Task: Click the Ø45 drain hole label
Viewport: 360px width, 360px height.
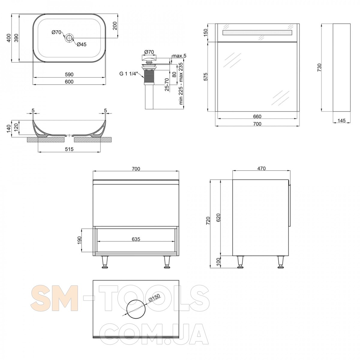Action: point(82,44)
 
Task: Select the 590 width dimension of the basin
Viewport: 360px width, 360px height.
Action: point(69,74)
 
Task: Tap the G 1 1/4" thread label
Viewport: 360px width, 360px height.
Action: point(129,74)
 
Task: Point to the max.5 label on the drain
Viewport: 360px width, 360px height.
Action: point(179,56)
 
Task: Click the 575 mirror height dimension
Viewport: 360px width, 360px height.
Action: point(205,77)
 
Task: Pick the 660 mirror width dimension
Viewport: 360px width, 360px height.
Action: point(257,116)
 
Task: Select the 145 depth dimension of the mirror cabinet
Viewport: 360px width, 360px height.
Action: point(341,121)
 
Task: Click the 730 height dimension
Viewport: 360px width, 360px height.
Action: point(319,67)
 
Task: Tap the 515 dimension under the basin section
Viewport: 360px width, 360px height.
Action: point(69,149)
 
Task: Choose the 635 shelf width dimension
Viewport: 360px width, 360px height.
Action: point(136,239)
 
